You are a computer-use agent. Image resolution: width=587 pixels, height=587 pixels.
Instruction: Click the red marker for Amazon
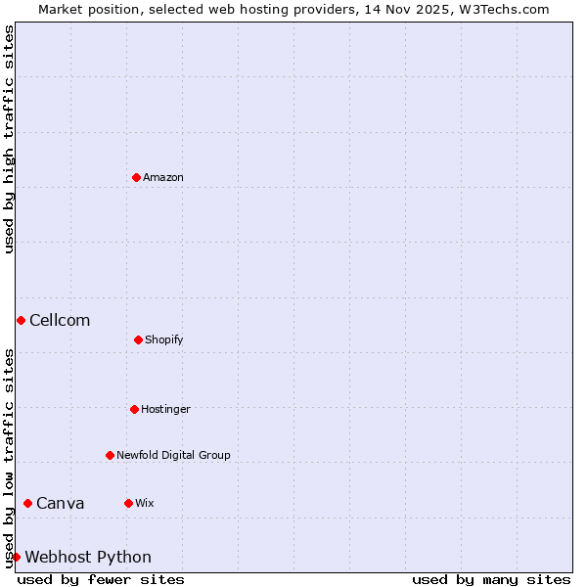pos(136,177)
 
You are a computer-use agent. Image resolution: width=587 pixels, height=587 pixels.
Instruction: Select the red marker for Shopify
pos(138,339)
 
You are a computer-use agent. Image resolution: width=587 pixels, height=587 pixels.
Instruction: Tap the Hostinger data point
pos(134,409)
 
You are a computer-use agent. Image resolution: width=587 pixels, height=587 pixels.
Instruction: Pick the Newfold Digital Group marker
pos(110,455)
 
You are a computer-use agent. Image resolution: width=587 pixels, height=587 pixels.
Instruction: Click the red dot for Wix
pos(128,503)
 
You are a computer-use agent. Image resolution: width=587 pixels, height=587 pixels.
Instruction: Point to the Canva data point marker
pos(27,503)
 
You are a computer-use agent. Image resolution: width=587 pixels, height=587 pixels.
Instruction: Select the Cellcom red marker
pos(21,320)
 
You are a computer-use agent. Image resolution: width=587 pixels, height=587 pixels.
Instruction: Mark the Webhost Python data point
pos(16,557)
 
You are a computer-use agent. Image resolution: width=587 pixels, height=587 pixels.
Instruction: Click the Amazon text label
pos(163,177)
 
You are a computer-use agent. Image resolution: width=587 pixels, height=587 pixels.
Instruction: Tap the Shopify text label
pos(164,339)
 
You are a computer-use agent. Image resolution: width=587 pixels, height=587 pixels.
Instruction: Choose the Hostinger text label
pos(165,409)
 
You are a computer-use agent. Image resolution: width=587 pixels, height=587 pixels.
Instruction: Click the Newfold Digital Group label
pos(173,455)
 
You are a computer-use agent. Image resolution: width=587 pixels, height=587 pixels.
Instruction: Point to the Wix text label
pos(145,503)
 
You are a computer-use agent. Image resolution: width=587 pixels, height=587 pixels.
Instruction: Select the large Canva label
pos(61,504)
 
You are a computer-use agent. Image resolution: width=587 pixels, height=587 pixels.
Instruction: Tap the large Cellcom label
pos(60,321)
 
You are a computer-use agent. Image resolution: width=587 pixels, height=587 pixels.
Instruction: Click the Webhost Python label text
pos(88,558)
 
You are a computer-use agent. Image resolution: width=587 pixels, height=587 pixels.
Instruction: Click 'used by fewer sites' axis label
pos(101,579)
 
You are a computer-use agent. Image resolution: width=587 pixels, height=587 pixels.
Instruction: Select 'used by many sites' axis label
pos(491,579)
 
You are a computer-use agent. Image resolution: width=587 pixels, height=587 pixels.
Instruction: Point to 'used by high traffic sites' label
pos(9,139)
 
